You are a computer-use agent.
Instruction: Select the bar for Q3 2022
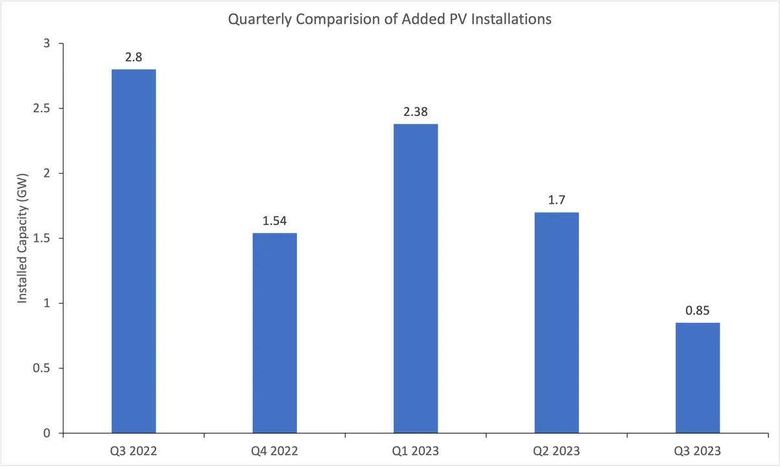coord(134,251)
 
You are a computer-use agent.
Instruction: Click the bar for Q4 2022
coord(275,333)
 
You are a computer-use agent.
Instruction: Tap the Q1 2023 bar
coord(416,278)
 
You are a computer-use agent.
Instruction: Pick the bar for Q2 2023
coord(556,322)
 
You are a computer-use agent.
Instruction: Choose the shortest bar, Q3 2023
coord(698,377)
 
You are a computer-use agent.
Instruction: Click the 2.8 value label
coord(134,57)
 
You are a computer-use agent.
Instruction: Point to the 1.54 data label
coord(275,221)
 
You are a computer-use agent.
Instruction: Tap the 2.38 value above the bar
coord(416,112)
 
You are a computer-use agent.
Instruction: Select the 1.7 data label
coord(556,200)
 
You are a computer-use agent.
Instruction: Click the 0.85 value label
coord(698,310)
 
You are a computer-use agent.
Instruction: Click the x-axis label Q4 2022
coord(275,450)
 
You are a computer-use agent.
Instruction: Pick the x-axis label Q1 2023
coord(416,450)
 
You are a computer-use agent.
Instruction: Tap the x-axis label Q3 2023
coord(698,450)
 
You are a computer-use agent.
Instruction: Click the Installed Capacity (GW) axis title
coord(23,238)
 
